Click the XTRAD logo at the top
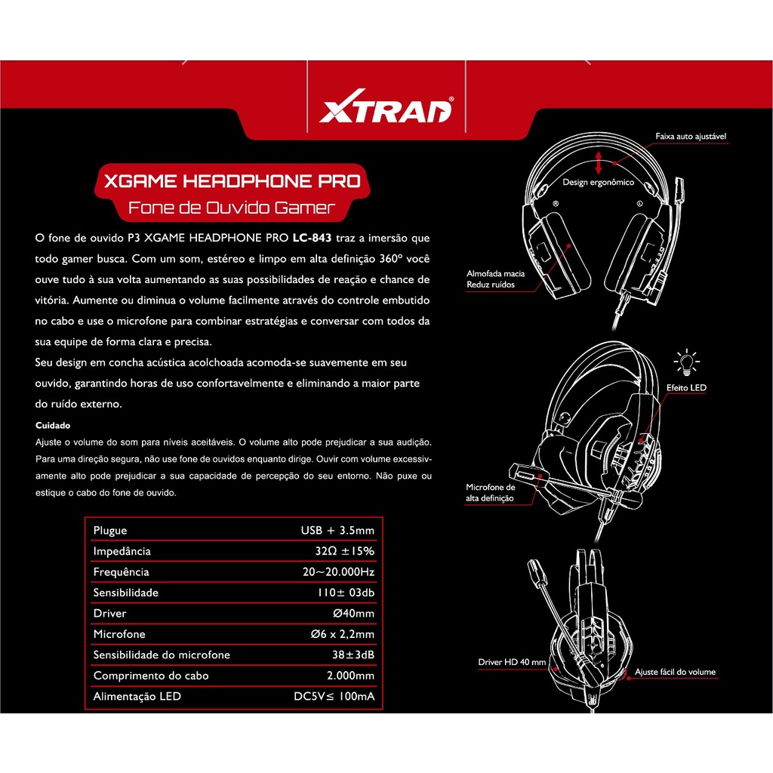tap(386, 110)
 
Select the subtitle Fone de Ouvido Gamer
tap(231, 208)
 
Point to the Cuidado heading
tap(53, 425)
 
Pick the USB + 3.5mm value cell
tap(337, 531)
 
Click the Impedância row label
tap(122, 552)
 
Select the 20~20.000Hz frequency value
tap(338, 572)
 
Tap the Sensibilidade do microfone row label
tap(161, 655)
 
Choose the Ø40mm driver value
tap(353, 614)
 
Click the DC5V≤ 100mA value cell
tap(334, 697)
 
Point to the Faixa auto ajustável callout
tap(691, 137)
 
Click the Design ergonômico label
tap(598, 183)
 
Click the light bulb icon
tap(686, 361)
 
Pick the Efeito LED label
tap(686, 387)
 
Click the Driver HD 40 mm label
tap(511, 662)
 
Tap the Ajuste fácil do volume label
tap(675, 672)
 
